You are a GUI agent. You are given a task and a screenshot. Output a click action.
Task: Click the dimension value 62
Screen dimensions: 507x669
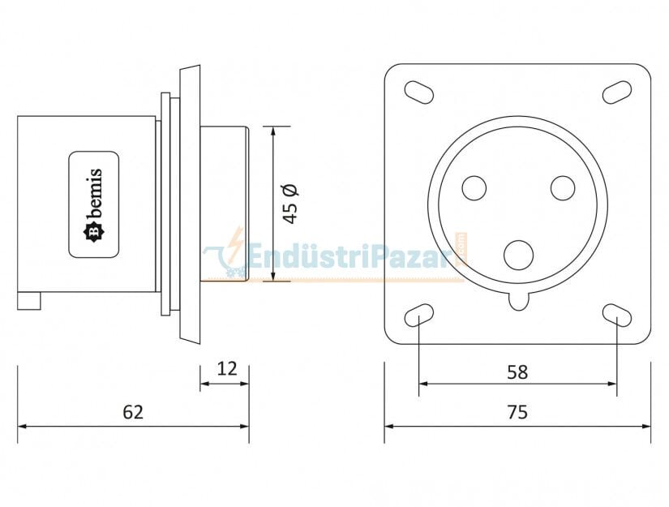(x=133, y=412)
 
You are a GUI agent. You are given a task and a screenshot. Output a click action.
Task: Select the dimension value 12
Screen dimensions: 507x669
(x=227, y=369)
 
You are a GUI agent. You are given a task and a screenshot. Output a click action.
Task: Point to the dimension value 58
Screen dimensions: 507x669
(x=517, y=372)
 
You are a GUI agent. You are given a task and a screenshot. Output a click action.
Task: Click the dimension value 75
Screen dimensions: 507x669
(x=517, y=412)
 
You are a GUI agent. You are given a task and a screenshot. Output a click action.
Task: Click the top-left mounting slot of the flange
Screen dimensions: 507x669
(x=418, y=92)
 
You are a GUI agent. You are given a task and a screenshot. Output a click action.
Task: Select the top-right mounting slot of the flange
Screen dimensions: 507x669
(x=617, y=92)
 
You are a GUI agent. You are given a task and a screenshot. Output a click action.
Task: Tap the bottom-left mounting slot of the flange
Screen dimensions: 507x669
(x=418, y=315)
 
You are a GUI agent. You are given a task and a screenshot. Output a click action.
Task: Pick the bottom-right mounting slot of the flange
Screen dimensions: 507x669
(x=617, y=315)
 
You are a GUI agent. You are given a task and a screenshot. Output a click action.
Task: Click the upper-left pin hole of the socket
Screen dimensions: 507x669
(x=474, y=188)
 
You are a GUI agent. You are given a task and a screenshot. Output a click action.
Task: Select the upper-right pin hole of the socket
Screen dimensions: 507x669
(x=563, y=188)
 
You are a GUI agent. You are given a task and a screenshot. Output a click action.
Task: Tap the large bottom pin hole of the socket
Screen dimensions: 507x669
(x=519, y=255)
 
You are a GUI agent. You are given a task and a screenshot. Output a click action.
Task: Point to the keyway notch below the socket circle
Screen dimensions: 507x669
(x=519, y=301)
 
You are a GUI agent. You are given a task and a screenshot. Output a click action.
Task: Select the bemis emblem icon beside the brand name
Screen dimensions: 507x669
(x=94, y=232)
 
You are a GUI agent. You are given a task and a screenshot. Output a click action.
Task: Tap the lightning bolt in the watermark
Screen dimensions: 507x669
(x=236, y=243)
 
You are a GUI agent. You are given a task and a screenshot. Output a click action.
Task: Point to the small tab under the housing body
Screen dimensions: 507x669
(x=29, y=301)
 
